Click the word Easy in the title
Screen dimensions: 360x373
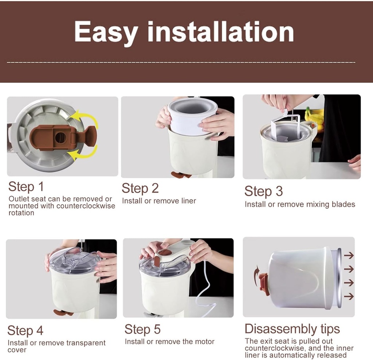click(106, 32)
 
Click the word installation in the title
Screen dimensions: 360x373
click(221, 32)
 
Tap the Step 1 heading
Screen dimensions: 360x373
click(26, 186)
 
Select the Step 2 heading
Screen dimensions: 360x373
click(140, 188)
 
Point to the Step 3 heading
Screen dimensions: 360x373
click(263, 191)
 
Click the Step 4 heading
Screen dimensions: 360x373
click(25, 330)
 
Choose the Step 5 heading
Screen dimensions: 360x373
click(142, 329)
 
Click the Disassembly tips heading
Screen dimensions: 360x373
click(292, 329)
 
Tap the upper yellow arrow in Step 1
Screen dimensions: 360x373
click(85, 119)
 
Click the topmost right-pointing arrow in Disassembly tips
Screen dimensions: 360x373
click(349, 255)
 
